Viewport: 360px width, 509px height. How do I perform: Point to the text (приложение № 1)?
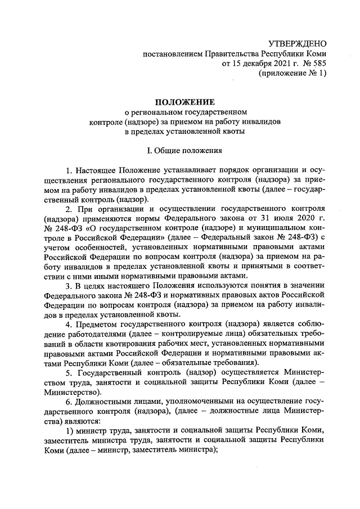pyautogui.click(x=292, y=74)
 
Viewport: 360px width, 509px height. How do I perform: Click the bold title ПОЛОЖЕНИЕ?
pyautogui.click(x=184, y=102)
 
